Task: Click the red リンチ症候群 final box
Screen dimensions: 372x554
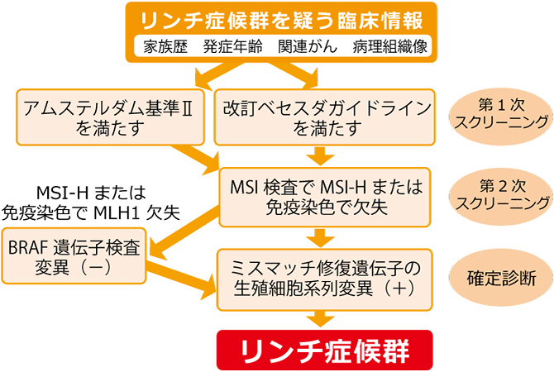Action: click(323, 351)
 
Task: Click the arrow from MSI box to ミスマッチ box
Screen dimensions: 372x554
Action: click(323, 238)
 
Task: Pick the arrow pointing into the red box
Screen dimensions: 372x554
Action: click(323, 317)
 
